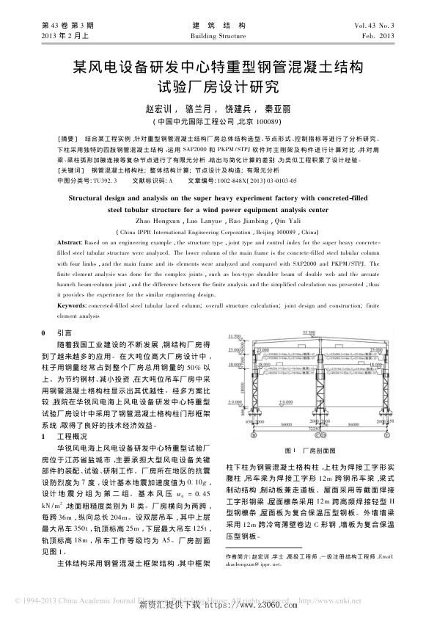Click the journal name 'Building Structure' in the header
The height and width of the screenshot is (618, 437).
218,35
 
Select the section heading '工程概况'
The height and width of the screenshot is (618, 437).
71,437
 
